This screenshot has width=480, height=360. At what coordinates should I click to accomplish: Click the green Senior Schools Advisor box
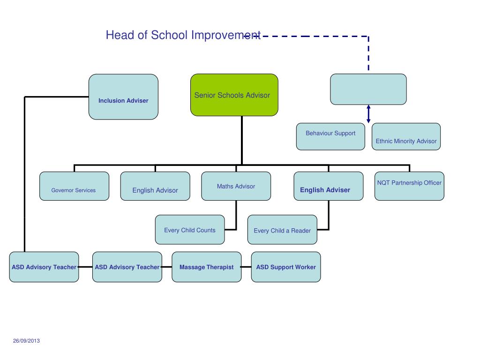tap(234, 95)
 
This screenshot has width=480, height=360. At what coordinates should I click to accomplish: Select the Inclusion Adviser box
tap(123, 97)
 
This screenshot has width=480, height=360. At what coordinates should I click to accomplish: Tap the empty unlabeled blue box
tap(368, 89)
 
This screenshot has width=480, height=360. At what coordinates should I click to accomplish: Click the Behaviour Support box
tap(330, 136)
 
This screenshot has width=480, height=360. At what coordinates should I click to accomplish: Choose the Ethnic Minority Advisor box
tap(406, 136)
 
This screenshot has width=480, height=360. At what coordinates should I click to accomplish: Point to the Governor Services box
tap(74, 186)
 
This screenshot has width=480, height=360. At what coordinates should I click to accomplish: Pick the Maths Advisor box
tap(236, 186)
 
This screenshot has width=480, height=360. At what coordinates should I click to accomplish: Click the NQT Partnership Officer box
tap(409, 186)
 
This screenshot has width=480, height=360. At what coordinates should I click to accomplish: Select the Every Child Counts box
tap(190, 230)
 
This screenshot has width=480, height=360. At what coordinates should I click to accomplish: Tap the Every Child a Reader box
tap(282, 230)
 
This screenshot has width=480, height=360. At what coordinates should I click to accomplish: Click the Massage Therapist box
tap(206, 267)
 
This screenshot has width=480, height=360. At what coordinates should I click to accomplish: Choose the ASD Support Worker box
tap(286, 267)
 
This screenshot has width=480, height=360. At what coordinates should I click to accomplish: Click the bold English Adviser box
tap(328, 186)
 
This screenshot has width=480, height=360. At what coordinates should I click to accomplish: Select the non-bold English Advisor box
tap(155, 186)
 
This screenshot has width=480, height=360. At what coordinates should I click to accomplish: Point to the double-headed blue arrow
tap(368, 114)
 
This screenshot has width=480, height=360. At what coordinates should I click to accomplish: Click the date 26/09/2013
tap(26, 341)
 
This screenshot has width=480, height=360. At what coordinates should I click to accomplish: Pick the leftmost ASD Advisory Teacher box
tap(44, 267)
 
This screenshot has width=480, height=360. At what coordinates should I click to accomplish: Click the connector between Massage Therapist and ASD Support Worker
tap(246, 267)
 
